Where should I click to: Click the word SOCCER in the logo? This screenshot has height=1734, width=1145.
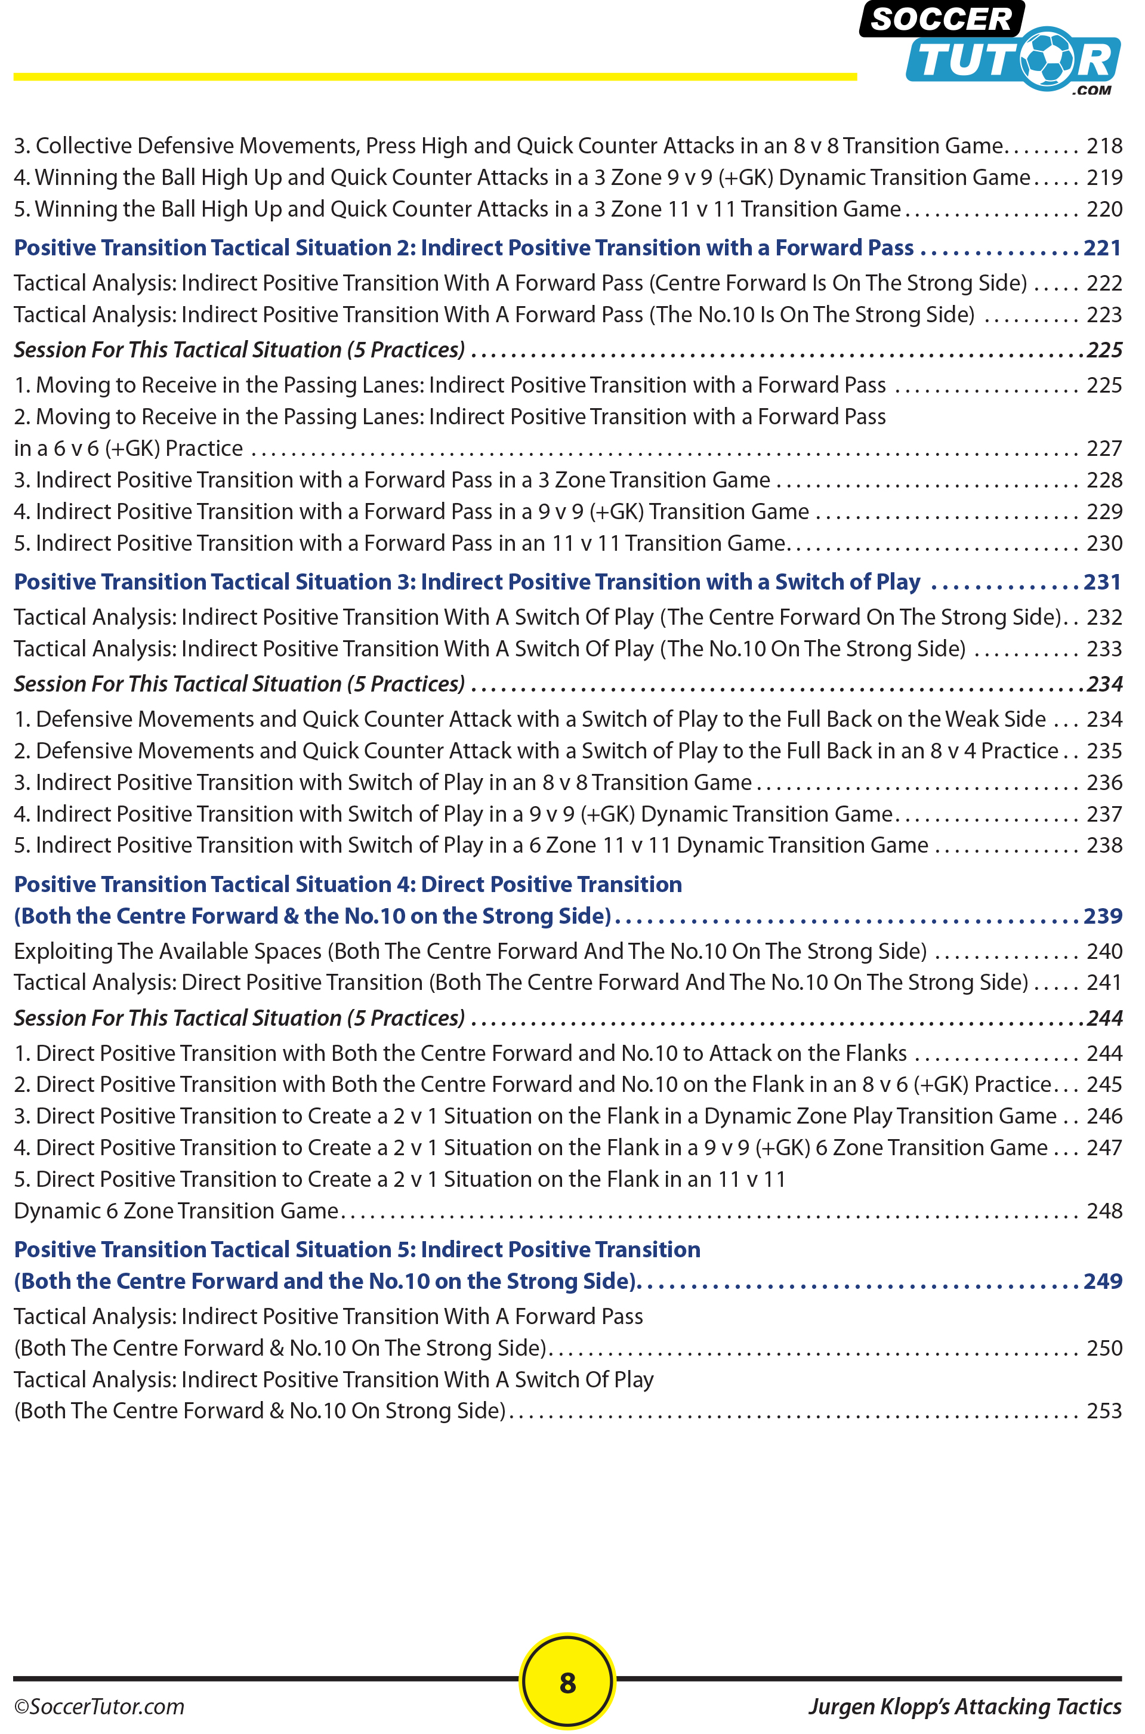942,20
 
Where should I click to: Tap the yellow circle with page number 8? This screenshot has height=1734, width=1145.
567,1682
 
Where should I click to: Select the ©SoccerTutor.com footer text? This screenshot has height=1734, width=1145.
99,1707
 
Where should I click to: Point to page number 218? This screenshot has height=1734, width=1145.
1103,146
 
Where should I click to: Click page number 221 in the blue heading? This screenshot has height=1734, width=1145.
1102,248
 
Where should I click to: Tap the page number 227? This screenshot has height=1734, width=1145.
1103,448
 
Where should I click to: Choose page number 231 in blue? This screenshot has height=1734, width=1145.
1102,582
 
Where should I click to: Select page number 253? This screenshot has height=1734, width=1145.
1103,1411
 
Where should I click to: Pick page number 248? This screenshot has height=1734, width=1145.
1103,1211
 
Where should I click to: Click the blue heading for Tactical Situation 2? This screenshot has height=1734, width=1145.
464,248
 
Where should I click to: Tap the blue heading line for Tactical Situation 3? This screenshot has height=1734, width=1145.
467,582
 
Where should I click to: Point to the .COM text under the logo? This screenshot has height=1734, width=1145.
1092,91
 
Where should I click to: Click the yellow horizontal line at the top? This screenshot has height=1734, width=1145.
434,76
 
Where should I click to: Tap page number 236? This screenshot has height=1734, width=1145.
1103,783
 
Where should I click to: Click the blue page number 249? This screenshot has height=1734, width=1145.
1102,1281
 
